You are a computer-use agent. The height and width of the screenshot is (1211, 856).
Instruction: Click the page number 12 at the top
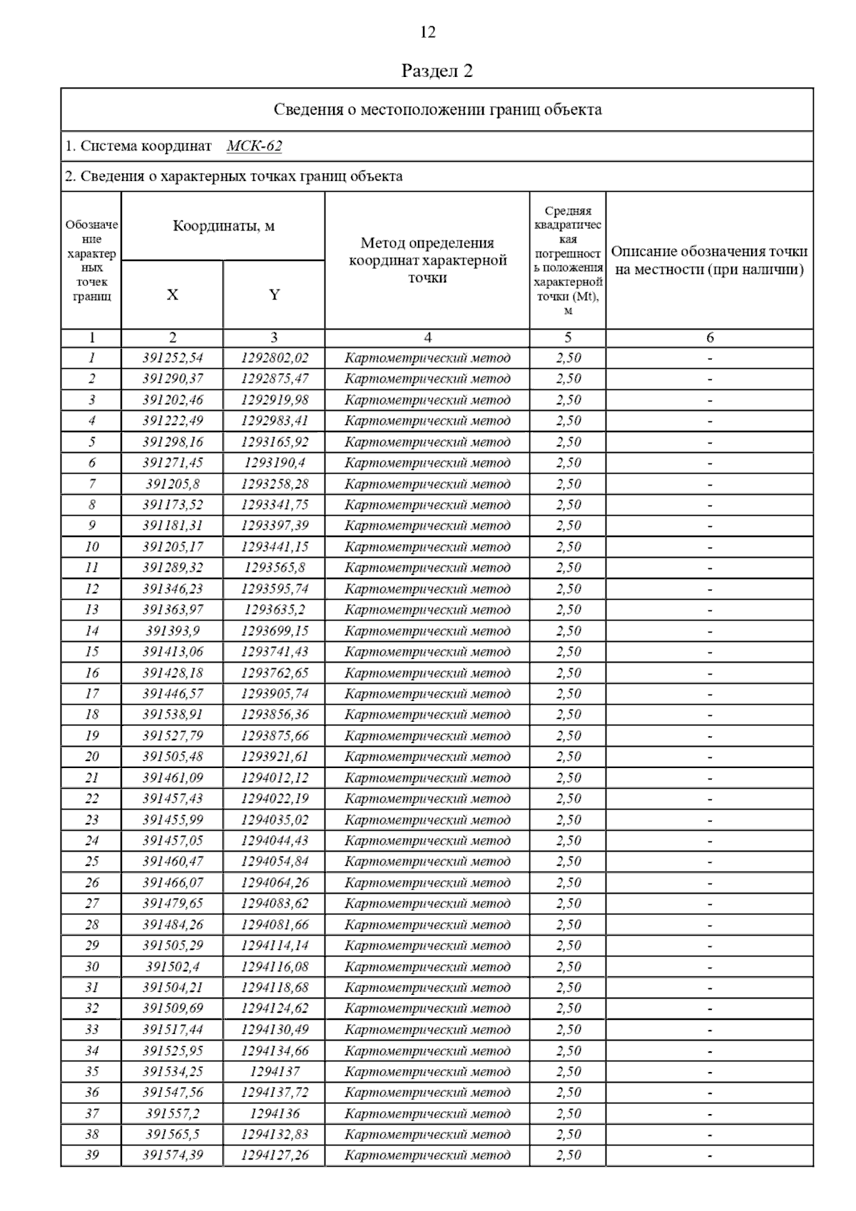pyautogui.click(x=427, y=33)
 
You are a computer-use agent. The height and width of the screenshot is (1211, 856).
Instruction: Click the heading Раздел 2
pyautogui.click(x=437, y=71)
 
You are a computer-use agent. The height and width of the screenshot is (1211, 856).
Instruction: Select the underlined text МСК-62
pyautogui.click(x=254, y=146)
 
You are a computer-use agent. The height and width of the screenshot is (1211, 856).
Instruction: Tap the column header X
pyautogui.click(x=173, y=295)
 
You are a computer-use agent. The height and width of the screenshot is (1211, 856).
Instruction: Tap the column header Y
pyautogui.click(x=274, y=295)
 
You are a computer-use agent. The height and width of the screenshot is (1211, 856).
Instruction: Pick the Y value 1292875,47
pyautogui.click(x=275, y=379)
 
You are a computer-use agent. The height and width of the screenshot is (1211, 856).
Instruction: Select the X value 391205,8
pyautogui.click(x=173, y=484)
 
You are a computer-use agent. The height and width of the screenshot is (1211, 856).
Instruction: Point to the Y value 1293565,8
pyautogui.click(x=275, y=568)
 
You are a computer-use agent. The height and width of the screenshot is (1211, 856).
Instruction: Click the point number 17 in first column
pyautogui.click(x=92, y=693)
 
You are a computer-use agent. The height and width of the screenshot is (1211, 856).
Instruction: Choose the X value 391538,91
pyautogui.click(x=173, y=715)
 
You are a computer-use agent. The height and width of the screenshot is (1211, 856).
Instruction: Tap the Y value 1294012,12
pyautogui.click(x=275, y=777)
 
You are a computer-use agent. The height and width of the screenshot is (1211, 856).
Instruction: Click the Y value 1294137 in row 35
pyautogui.click(x=275, y=1071)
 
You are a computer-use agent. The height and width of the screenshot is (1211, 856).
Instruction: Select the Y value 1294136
pyautogui.click(x=275, y=1113)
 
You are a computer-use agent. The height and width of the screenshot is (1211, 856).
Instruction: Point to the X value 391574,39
pyautogui.click(x=173, y=1155)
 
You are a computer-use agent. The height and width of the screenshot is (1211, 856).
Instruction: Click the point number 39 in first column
pyautogui.click(x=92, y=1155)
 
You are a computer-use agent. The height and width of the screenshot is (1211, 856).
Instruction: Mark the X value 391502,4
pyautogui.click(x=173, y=966)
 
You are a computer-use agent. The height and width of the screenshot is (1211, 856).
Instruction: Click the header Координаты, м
pyautogui.click(x=223, y=227)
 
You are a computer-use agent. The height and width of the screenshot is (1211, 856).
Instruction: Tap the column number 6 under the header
pyautogui.click(x=709, y=337)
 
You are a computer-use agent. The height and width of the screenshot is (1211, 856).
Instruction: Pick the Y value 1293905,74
pyautogui.click(x=275, y=693)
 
